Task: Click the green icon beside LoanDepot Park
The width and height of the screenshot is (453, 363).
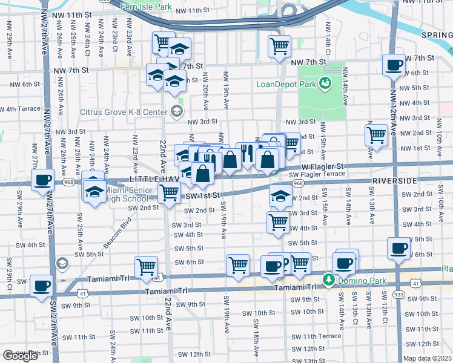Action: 326,83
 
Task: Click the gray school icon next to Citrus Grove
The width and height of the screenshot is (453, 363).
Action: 176,110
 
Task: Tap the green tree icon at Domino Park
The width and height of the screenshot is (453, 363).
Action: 329,280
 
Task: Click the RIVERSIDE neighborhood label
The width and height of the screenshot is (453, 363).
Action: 394,181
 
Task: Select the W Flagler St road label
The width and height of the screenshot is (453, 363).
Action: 323,166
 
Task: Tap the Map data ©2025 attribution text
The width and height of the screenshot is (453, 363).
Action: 427,358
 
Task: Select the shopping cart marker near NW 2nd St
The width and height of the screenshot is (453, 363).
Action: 377,134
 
